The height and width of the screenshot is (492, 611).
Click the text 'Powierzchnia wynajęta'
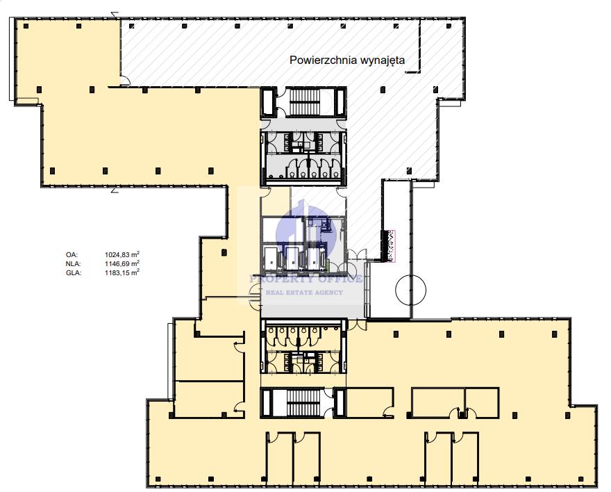(347, 60)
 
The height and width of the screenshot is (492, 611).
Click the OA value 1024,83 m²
(122, 254)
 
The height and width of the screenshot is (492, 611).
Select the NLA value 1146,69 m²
(122, 264)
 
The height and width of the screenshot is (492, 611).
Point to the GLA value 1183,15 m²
(122, 273)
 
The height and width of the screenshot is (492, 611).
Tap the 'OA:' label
(72, 255)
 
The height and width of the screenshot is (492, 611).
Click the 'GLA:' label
(74, 273)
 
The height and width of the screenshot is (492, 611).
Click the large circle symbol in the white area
(411, 290)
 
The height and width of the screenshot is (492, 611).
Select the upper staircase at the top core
(305, 102)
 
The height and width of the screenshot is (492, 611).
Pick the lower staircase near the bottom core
(303, 402)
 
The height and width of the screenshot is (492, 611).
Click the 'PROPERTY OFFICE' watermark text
(306, 279)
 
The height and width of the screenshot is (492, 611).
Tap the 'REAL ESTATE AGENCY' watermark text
(304, 292)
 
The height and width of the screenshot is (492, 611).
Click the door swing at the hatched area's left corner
(126, 81)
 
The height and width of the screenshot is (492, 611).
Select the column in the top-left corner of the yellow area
(26, 26)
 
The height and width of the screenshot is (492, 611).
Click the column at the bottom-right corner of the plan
(580, 479)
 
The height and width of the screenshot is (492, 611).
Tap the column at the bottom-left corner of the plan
(158, 479)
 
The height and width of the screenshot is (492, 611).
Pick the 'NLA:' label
(74, 264)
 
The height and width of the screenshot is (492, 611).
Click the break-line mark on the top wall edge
(115, 15)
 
